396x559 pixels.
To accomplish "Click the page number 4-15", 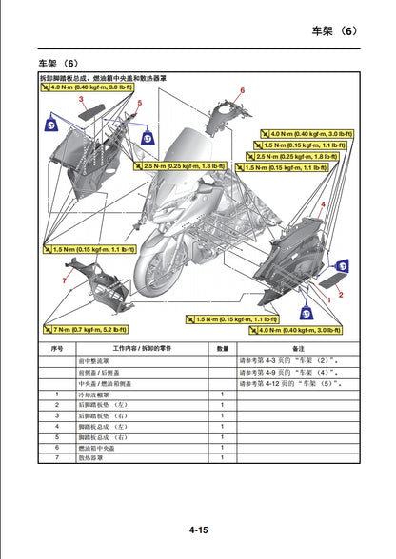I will [x=198, y=529].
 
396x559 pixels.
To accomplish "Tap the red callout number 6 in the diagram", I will [x=243, y=90].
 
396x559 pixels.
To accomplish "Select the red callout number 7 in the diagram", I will [x=64, y=281].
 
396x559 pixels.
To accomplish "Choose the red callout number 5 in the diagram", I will [x=139, y=103].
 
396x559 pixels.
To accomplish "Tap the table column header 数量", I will [x=222, y=348].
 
